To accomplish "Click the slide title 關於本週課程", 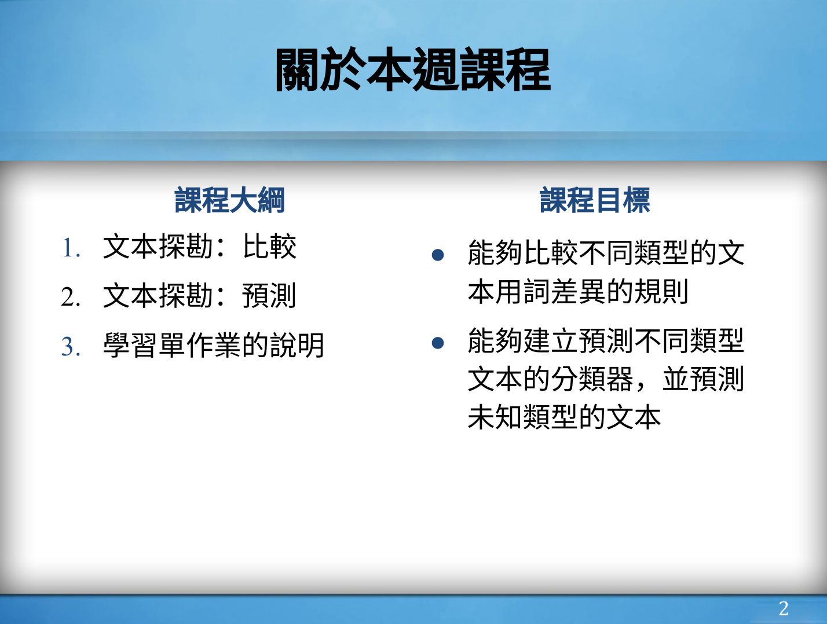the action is (414, 69).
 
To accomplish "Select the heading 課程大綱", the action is (229, 200).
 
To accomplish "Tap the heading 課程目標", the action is (595, 200).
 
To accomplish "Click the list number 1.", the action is (71, 248).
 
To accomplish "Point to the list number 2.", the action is (71, 297).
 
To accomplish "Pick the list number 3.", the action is (71, 346).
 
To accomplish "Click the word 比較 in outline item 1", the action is (270, 247).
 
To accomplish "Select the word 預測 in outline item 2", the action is (269, 296).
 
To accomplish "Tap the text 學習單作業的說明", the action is (214, 345).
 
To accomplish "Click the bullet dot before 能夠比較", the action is (438, 255).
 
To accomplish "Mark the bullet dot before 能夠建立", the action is (438, 342).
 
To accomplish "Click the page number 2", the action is (784, 608).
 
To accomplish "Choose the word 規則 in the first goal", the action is (661, 292).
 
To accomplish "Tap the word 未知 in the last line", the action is (495, 417).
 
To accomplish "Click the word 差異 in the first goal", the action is (578, 292).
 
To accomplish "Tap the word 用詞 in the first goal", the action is (522, 292).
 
